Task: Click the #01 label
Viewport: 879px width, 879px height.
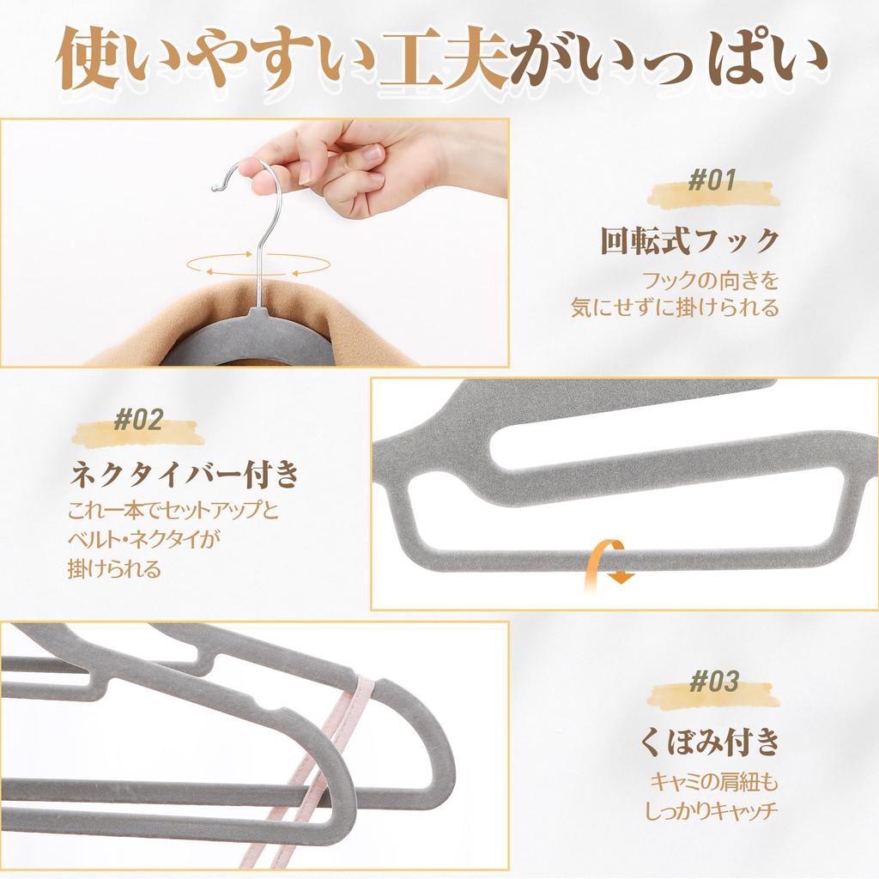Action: pos(712,180)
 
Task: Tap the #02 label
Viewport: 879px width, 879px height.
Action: pos(138,420)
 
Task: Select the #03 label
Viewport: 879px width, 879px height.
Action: pos(713,682)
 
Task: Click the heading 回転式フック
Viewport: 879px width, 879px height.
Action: pos(690,241)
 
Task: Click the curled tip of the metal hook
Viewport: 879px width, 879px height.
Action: pos(215,187)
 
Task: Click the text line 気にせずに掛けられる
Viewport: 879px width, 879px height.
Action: pos(675,307)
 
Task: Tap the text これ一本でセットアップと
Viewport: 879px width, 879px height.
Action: pos(173,510)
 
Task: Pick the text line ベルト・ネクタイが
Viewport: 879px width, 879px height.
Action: pos(144,540)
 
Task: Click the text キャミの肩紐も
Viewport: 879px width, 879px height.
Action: pos(714,782)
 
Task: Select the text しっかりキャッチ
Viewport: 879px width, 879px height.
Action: pos(712,810)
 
